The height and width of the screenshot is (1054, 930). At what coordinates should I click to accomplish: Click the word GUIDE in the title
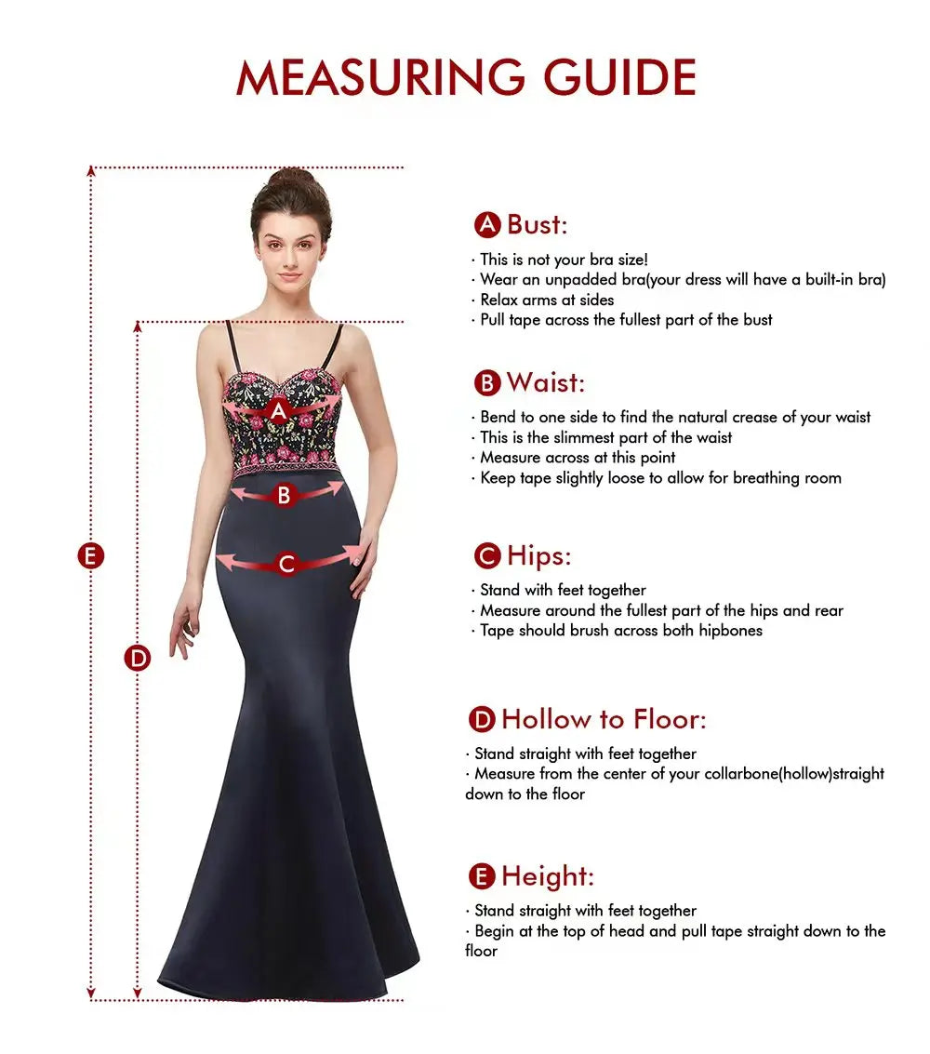coord(620,77)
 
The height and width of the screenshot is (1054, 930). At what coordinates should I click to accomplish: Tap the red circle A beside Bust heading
coord(487,225)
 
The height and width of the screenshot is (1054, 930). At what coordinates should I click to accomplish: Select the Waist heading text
coord(546,382)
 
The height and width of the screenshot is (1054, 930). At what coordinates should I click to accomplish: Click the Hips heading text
coord(538,556)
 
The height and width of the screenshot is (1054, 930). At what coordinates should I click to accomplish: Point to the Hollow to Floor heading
coord(604,719)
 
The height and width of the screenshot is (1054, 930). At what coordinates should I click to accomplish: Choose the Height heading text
coord(547,876)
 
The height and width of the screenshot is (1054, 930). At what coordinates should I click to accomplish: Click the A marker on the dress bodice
coord(278,410)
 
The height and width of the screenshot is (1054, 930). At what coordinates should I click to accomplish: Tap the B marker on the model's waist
coord(285,496)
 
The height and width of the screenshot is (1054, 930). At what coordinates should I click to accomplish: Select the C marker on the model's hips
coord(286,564)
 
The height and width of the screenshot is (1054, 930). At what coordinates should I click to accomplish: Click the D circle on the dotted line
coord(138,658)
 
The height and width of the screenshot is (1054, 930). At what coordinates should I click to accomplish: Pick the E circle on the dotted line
coord(90,556)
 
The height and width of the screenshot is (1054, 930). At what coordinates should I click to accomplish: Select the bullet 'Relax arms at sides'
coord(547,300)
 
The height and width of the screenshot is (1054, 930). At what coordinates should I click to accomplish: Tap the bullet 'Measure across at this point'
coord(578,458)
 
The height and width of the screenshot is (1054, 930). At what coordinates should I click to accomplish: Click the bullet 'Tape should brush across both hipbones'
coord(620,631)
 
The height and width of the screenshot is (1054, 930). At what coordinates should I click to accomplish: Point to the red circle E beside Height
coord(481,876)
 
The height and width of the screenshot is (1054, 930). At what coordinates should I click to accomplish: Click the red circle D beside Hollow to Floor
coord(481,719)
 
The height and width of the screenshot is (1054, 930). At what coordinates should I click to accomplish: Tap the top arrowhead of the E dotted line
coord(91,171)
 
